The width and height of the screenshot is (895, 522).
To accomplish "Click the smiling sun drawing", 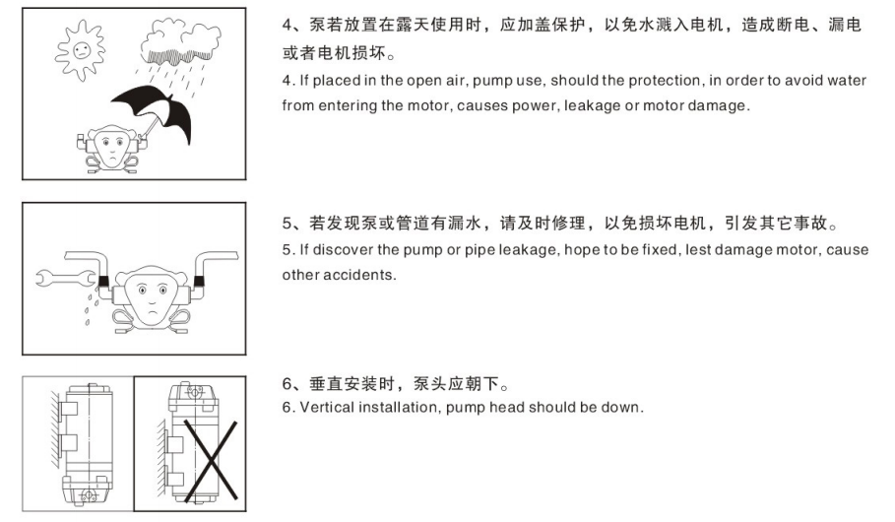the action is [81, 49].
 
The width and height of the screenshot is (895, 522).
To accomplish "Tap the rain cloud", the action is [180, 41].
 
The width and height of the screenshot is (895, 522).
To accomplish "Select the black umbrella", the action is [156, 111].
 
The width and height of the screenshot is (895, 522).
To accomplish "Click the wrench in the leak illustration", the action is [66, 278].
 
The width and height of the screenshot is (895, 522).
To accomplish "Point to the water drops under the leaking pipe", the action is [90, 304].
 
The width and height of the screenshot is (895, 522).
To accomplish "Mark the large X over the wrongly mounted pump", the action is [210, 460].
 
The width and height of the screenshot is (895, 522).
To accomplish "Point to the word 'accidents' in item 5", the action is [358, 275].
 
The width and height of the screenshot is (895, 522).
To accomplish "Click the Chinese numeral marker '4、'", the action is [292, 26].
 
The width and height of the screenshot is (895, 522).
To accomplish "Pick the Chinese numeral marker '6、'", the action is [292, 384].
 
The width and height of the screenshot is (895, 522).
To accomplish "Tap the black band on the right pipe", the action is [199, 281].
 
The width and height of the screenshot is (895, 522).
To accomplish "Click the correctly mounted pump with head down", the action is [86, 444].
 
